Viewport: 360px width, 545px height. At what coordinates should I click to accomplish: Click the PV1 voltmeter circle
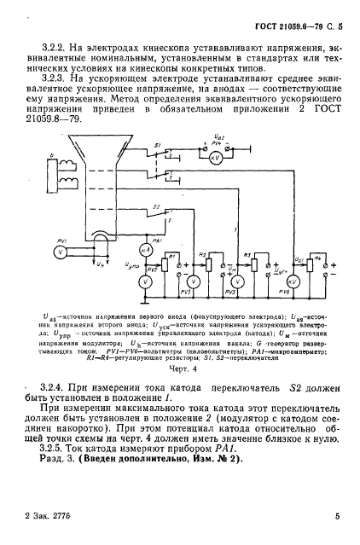click(x=59, y=252)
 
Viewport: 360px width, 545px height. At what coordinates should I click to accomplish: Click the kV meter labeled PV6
click(x=293, y=281)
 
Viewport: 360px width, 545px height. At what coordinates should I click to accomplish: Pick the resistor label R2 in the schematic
click(x=202, y=254)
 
